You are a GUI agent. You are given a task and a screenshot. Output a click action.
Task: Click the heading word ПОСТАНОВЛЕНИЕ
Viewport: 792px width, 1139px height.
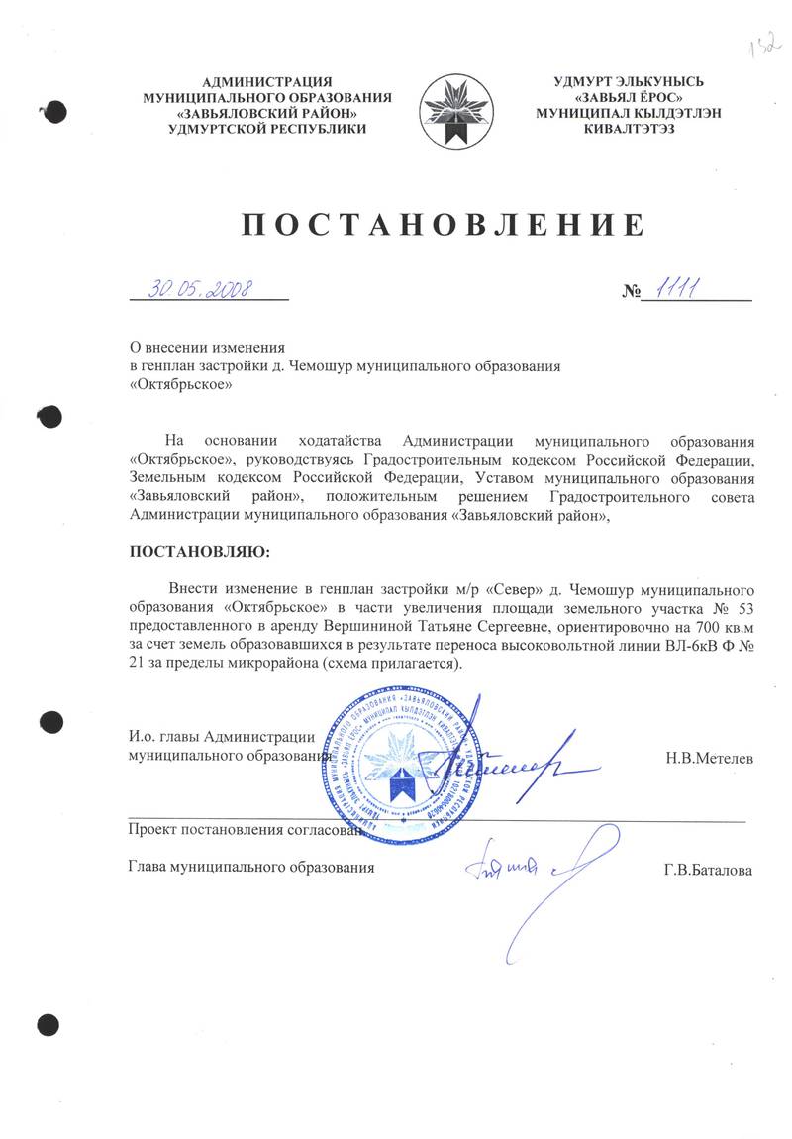[x=444, y=224]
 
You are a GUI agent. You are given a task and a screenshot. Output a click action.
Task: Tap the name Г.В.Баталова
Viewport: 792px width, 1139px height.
[x=708, y=870]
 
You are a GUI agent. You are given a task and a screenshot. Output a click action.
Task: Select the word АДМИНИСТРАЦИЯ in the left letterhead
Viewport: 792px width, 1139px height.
[x=266, y=82]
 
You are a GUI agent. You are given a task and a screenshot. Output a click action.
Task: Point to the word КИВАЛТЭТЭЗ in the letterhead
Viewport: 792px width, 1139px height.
[x=630, y=129]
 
